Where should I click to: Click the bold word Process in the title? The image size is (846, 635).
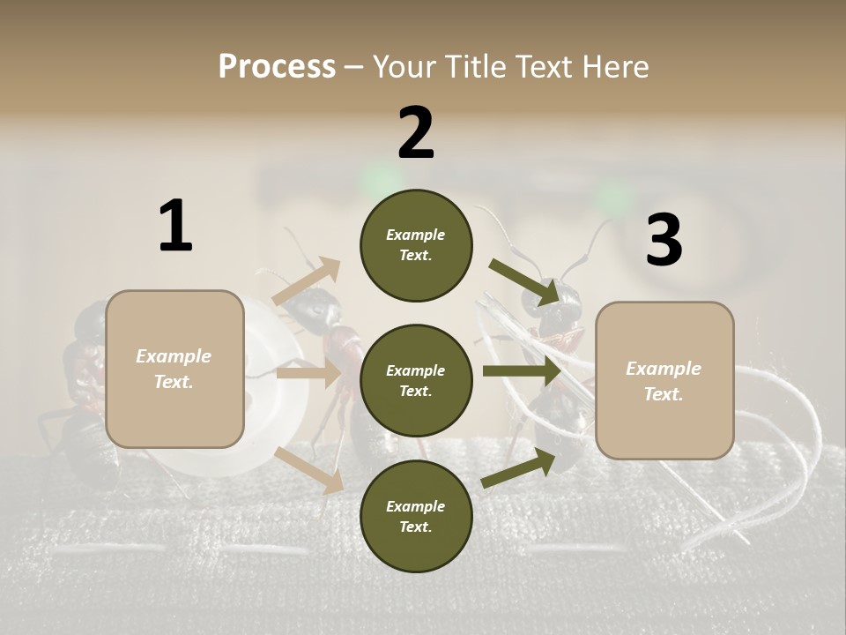click(277, 66)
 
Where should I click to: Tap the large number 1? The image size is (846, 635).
click(175, 226)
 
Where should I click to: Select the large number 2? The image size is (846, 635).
click(416, 132)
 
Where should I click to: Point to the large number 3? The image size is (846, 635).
click(664, 241)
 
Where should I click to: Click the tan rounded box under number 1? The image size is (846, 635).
click(174, 369)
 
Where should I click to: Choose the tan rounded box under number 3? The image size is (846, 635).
click(664, 381)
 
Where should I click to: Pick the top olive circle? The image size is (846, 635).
click(416, 245)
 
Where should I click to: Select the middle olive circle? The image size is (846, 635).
click(416, 381)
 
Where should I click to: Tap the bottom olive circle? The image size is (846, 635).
click(416, 517)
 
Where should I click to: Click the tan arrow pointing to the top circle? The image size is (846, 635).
click(308, 281)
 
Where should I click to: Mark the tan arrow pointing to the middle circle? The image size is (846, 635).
click(308, 374)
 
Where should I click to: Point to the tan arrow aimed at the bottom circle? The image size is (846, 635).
click(309, 469)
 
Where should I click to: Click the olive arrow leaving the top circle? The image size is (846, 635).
click(524, 281)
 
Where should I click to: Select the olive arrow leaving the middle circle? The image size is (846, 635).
click(522, 371)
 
